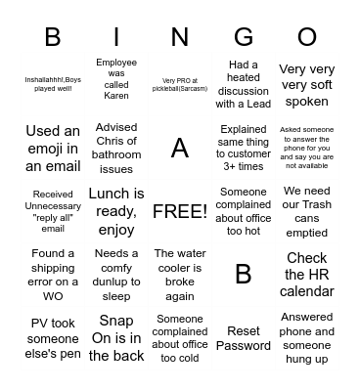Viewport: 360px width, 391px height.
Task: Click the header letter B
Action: pyautogui.click(x=53, y=37)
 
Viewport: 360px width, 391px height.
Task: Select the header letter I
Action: pyautogui.click(x=116, y=37)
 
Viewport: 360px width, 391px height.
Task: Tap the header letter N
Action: pyautogui.click(x=180, y=37)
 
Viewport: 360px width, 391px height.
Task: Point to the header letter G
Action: pyautogui.click(x=244, y=37)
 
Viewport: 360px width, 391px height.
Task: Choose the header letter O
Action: pyautogui.click(x=307, y=37)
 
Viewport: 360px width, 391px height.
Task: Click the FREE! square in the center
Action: pyautogui.click(x=180, y=211)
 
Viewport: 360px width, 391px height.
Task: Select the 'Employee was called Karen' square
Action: pyautogui.click(x=116, y=79)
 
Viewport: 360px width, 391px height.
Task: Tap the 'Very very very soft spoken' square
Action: pyautogui.click(x=307, y=84)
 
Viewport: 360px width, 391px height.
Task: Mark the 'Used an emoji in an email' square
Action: pyautogui.click(x=53, y=148)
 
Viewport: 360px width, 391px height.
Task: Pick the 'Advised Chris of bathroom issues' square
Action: pyautogui.click(x=116, y=148)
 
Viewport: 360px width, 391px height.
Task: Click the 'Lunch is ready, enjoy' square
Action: pyautogui.click(x=116, y=211)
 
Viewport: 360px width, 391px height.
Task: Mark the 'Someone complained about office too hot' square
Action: pyautogui.click(x=244, y=211)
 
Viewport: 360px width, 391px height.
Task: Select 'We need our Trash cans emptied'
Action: pyautogui.click(x=307, y=211)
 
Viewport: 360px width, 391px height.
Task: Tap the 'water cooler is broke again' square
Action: pyautogui.click(x=180, y=275)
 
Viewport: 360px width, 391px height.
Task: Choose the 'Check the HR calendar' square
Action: pyautogui.click(x=307, y=275)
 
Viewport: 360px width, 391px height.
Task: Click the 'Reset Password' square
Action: pyautogui.click(x=244, y=338)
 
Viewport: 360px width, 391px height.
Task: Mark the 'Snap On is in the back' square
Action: pyautogui.click(x=116, y=338)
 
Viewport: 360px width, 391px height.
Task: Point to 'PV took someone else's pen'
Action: pyautogui.click(x=53, y=338)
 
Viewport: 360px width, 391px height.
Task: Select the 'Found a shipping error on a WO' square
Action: pyautogui.click(x=53, y=275)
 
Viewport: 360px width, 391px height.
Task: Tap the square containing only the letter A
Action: pyautogui.click(x=180, y=148)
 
